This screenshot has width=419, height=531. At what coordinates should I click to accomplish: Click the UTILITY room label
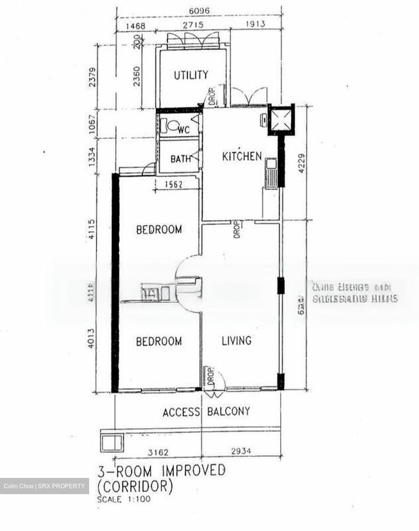[x=191, y=75]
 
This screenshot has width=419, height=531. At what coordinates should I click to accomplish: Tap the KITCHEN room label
[x=242, y=156]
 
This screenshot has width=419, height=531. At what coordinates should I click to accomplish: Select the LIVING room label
[x=237, y=340]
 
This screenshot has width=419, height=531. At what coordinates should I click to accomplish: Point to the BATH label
[x=181, y=159]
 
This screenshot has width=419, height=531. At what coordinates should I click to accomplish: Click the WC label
[x=184, y=130]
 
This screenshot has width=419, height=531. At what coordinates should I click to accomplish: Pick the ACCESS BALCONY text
[x=206, y=412]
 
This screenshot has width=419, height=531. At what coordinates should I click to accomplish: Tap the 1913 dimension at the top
[x=255, y=24]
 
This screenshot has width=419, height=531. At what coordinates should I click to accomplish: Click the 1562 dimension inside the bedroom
[x=173, y=184]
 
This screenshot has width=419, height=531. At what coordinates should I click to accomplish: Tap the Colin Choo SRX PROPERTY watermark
[x=44, y=486]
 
